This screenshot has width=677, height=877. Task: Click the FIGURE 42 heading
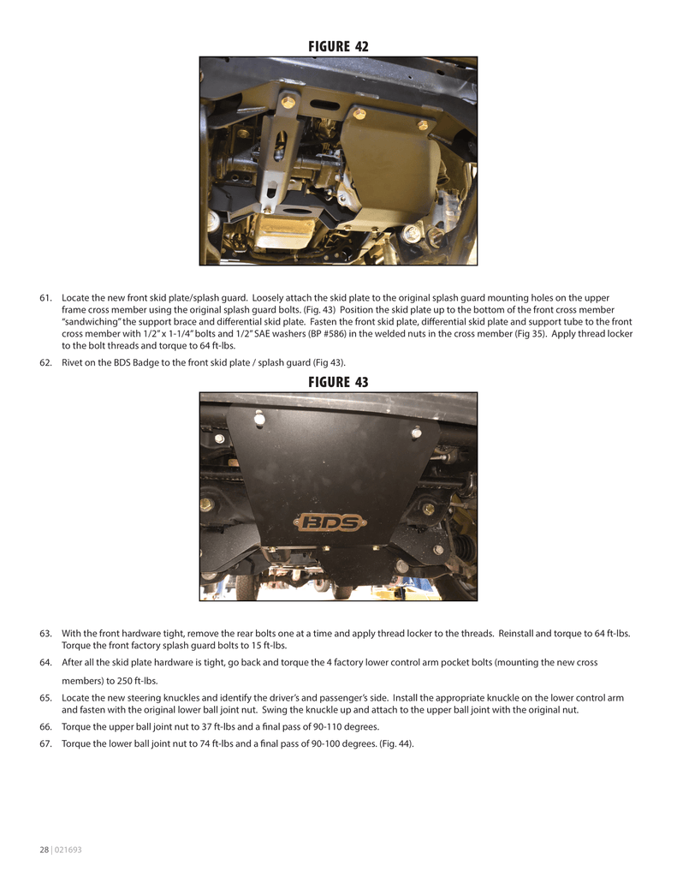pos(338,46)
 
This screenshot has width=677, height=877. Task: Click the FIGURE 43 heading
pos(338,382)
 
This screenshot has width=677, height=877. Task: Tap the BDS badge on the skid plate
pos(330,523)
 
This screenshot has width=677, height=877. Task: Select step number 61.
pos(45,298)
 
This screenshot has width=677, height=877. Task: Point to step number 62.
pos(45,363)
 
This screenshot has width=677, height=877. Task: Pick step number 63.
pos(45,634)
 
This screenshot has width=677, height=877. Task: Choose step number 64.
pos(45,663)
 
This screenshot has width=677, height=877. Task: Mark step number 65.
pos(45,698)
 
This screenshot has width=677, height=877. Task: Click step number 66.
pos(45,727)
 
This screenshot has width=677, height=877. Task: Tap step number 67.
pos(45,744)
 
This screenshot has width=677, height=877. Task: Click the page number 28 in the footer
pos(44,850)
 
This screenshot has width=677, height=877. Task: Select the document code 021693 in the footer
pos(68,850)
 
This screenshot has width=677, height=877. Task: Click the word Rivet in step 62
pos(72,363)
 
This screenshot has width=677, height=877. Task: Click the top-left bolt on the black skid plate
pos(258,418)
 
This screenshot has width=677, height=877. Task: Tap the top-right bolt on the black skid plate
pos(416,432)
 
